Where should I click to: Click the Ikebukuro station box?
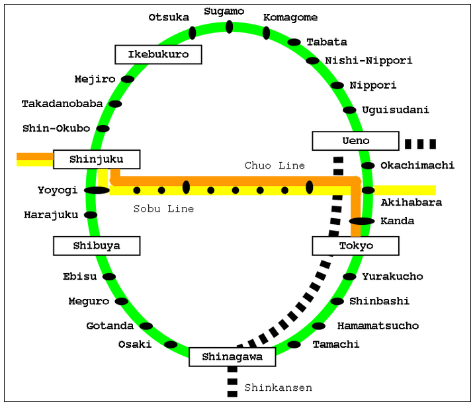[x=158, y=54]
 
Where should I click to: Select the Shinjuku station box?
[x=97, y=159]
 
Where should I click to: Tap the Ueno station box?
[x=356, y=141]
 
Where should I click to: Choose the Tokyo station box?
[x=356, y=246]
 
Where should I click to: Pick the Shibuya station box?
[x=97, y=246]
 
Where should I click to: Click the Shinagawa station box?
[x=232, y=357]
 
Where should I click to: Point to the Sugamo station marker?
[x=230, y=26]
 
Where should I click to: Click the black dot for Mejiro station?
[x=128, y=79]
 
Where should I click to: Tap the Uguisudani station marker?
[x=349, y=110]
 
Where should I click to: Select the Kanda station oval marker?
[x=362, y=222]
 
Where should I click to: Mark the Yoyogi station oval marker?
[x=97, y=190]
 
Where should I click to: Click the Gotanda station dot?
[x=146, y=326]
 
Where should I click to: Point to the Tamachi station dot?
[x=294, y=345]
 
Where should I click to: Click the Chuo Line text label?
[x=275, y=165]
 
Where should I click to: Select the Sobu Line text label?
[x=163, y=209]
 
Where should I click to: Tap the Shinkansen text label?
[x=278, y=388]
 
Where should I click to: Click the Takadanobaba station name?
[x=62, y=104]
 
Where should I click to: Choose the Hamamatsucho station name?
[x=378, y=326]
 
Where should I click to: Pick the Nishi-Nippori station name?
[x=368, y=61]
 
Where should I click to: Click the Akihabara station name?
[x=411, y=202]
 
